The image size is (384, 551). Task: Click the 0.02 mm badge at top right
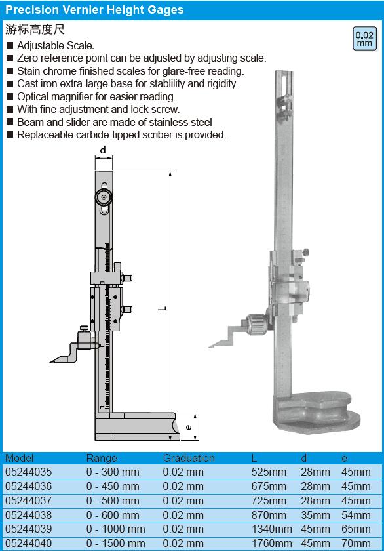364,39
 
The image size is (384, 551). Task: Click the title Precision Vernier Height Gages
94,10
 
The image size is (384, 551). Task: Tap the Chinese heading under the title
35,29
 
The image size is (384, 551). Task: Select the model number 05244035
28,472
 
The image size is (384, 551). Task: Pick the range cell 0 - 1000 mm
115,529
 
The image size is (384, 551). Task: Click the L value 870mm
269,515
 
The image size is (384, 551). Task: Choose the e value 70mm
356,543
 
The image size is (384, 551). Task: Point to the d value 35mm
315,515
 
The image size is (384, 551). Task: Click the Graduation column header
189,459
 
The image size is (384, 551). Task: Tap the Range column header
102,459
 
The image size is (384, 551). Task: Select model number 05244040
28,543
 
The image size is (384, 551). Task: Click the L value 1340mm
272,529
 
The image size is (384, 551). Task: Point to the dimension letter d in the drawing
103,150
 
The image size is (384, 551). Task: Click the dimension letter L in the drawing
162,308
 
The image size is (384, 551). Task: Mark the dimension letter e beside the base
189,427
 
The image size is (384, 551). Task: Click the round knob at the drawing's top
104,197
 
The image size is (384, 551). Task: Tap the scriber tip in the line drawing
50,362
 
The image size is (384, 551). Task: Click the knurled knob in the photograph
259,322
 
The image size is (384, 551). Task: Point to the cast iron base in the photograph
316,412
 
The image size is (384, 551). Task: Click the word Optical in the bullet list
33,96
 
